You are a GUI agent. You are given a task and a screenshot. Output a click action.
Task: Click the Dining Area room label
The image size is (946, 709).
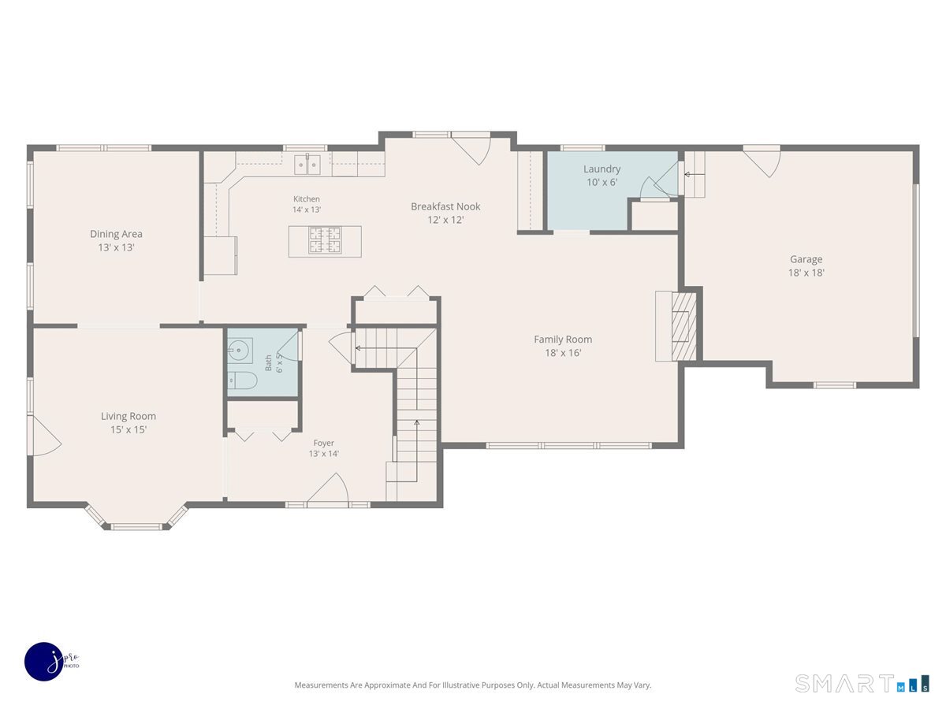(x=116, y=234)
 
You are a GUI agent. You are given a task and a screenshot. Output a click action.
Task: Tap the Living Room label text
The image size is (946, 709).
(x=128, y=416)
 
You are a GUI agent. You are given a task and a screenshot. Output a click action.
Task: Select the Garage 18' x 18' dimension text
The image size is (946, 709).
(x=806, y=273)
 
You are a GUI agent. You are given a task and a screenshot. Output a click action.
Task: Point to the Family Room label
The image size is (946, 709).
(x=563, y=340)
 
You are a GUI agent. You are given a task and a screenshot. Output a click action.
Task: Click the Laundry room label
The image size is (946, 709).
(x=601, y=169)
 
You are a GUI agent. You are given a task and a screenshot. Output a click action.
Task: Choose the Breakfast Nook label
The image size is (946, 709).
(x=445, y=206)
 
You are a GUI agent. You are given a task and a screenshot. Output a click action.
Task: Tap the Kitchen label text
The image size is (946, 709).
(x=307, y=199)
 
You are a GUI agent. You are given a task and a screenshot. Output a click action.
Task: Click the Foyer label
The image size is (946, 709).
(x=324, y=443)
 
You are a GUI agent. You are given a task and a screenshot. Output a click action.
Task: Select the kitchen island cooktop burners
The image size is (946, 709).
(x=325, y=240)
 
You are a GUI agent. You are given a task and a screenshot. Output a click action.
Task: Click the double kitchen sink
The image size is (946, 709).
(x=307, y=165)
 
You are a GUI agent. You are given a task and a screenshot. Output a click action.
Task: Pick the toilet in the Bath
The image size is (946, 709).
(x=242, y=380)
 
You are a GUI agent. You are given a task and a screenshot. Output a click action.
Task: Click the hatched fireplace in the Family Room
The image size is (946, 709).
(x=684, y=326)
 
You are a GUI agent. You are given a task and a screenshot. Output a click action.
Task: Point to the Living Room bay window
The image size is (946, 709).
(x=136, y=517)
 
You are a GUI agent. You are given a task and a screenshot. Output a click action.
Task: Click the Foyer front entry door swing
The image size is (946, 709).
(x=328, y=488)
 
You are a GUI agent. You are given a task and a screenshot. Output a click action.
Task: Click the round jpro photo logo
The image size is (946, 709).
(x=44, y=662)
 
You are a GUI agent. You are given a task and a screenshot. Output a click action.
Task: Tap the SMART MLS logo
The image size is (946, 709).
(x=862, y=683)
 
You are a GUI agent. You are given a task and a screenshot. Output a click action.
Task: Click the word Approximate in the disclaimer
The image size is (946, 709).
(x=387, y=685)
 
